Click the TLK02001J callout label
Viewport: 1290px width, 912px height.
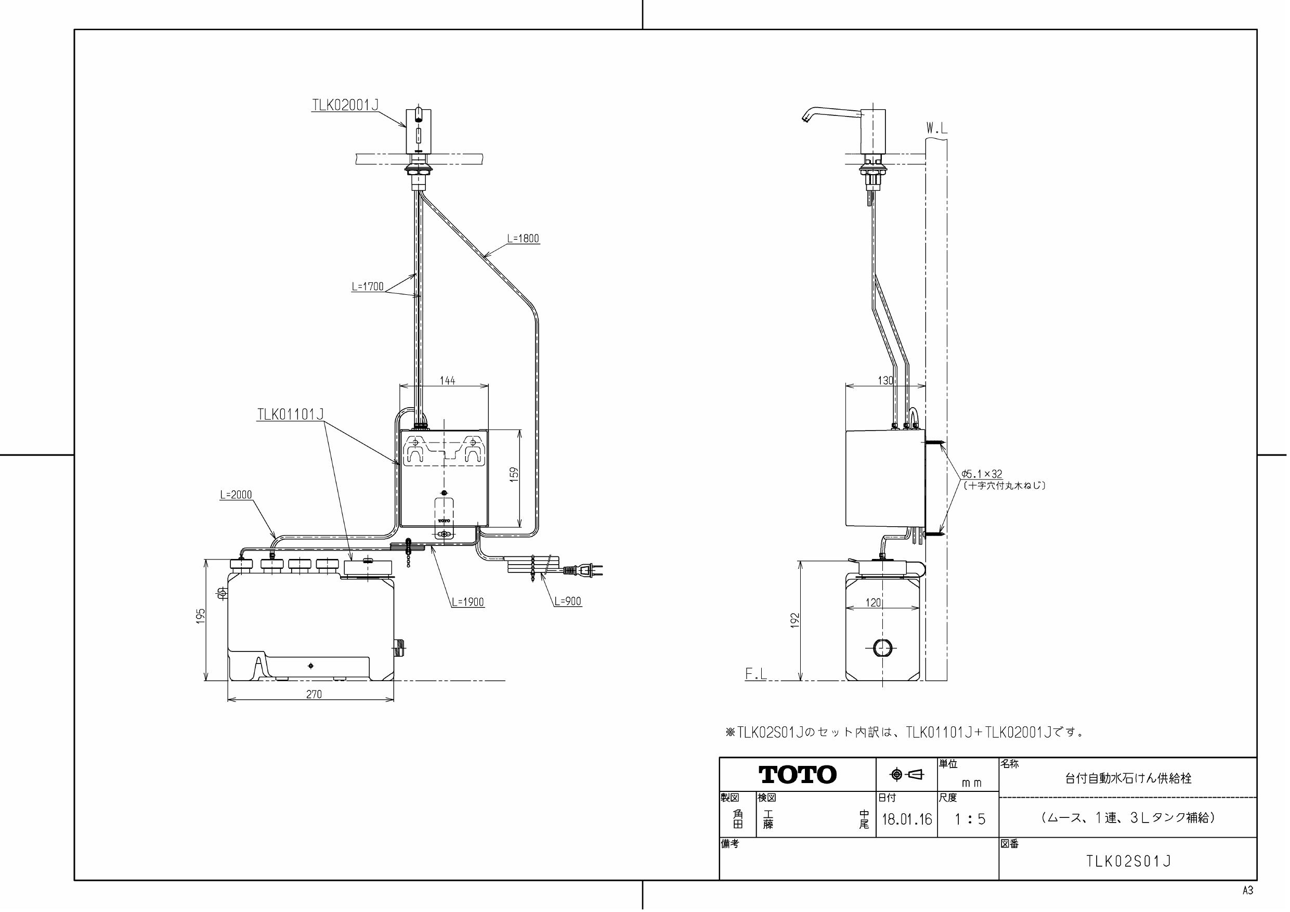tap(345, 105)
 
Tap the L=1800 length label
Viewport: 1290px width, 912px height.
tap(523, 238)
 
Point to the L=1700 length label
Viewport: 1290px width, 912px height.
tap(368, 286)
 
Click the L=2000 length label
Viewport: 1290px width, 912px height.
tap(236, 494)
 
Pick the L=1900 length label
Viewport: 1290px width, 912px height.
tap(467, 602)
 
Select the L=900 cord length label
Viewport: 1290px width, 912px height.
tap(567, 601)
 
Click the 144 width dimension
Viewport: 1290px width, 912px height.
tap(447, 381)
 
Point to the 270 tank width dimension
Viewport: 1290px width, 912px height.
tap(314, 695)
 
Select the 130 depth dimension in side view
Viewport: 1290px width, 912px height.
tap(885, 381)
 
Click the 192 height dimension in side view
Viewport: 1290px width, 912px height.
tap(795, 620)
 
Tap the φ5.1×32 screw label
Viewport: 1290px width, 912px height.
tap(982, 474)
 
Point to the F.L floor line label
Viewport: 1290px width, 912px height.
tap(755, 675)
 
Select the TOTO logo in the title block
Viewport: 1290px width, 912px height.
tap(797, 774)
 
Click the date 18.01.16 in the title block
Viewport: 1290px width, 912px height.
tap(906, 819)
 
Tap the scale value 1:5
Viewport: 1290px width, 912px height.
tap(970, 819)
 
